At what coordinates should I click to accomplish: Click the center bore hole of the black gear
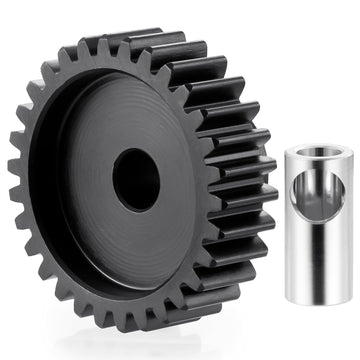pos(136,179)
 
